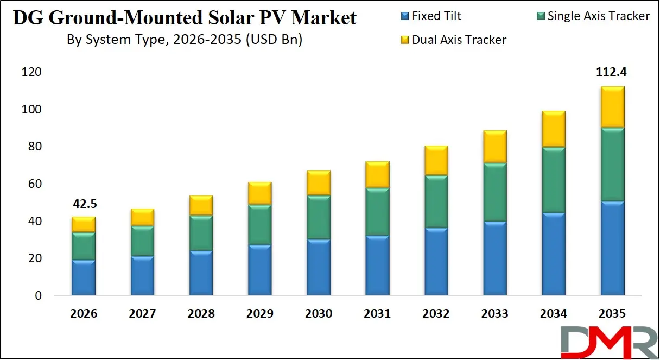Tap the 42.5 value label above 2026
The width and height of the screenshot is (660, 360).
point(84,205)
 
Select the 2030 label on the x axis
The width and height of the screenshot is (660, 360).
point(319,314)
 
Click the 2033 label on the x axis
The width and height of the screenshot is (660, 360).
point(494,314)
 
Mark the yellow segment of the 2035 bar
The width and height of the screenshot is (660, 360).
point(612,107)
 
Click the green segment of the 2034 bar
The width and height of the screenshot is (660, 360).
point(554,180)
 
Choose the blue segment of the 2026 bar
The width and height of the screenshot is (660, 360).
point(84,278)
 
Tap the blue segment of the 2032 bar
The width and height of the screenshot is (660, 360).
point(436,262)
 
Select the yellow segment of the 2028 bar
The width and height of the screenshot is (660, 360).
point(201,205)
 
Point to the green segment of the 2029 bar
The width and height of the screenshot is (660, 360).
point(259,224)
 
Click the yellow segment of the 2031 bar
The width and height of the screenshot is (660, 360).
point(377,174)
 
